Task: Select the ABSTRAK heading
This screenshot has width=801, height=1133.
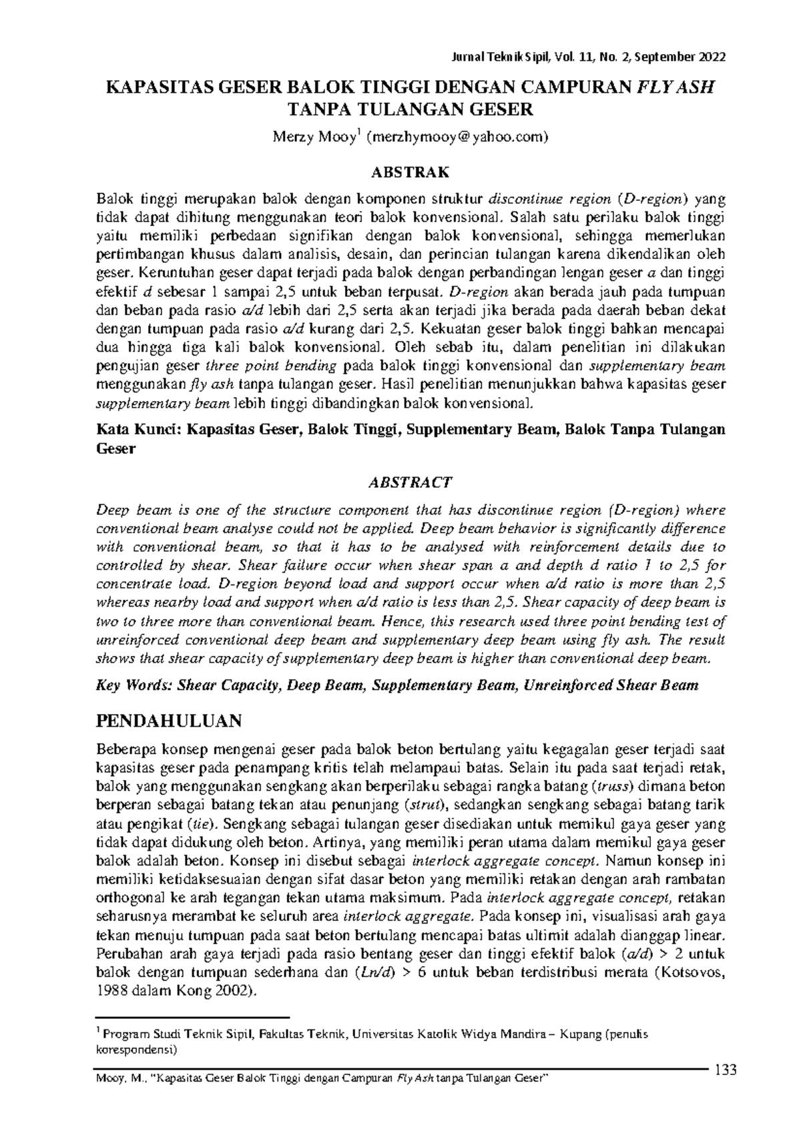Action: click(410, 173)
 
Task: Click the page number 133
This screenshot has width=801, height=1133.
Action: click(725, 1072)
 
